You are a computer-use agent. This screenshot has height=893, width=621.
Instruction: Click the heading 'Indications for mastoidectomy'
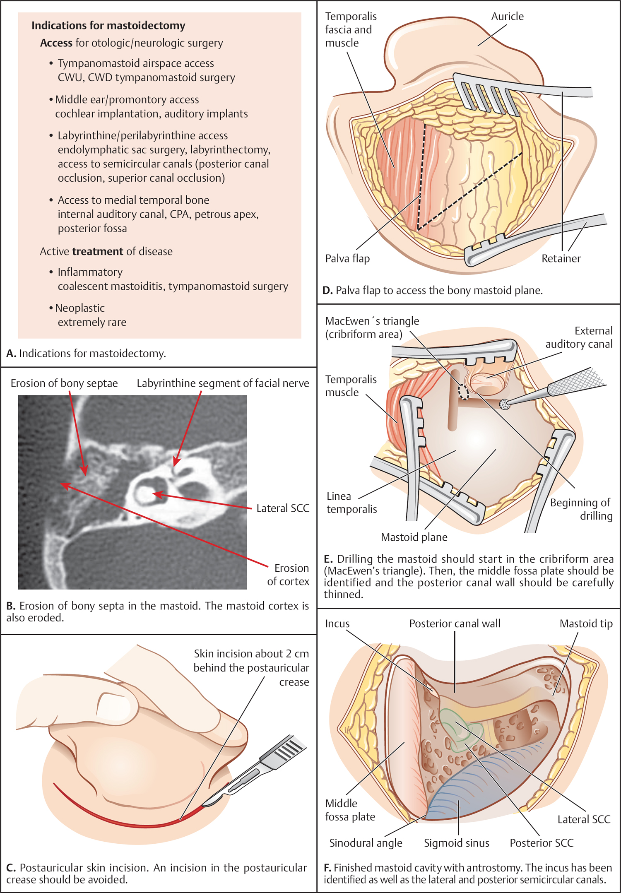[108, 26]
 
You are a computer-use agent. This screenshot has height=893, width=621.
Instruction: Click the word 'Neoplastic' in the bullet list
[80, 308]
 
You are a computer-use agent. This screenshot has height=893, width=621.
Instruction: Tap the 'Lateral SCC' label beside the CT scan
[283, 508]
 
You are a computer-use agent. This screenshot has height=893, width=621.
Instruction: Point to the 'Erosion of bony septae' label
[64, 383]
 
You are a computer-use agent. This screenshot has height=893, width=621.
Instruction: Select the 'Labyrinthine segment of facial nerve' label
[223, 383]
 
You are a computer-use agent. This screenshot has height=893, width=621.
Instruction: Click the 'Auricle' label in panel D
[507, 17]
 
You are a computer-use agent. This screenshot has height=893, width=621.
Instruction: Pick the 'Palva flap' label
[347, 258]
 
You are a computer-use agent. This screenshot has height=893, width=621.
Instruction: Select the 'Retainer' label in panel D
[561, 258]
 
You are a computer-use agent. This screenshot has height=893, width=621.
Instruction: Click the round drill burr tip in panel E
[504, 404]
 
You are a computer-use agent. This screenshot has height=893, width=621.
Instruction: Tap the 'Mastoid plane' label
[414, 537]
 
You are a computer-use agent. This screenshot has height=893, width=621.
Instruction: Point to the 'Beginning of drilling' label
[581, 509]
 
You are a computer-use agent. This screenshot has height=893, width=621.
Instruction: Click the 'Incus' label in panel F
[337, 623]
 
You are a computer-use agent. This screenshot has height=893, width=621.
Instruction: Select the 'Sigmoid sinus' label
[456, 843]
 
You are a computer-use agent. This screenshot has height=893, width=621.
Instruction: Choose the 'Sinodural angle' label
[366, 843]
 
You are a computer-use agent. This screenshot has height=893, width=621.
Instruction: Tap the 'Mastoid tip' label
[586, 623]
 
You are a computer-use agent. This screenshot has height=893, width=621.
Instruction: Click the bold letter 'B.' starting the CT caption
[11, 606]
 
